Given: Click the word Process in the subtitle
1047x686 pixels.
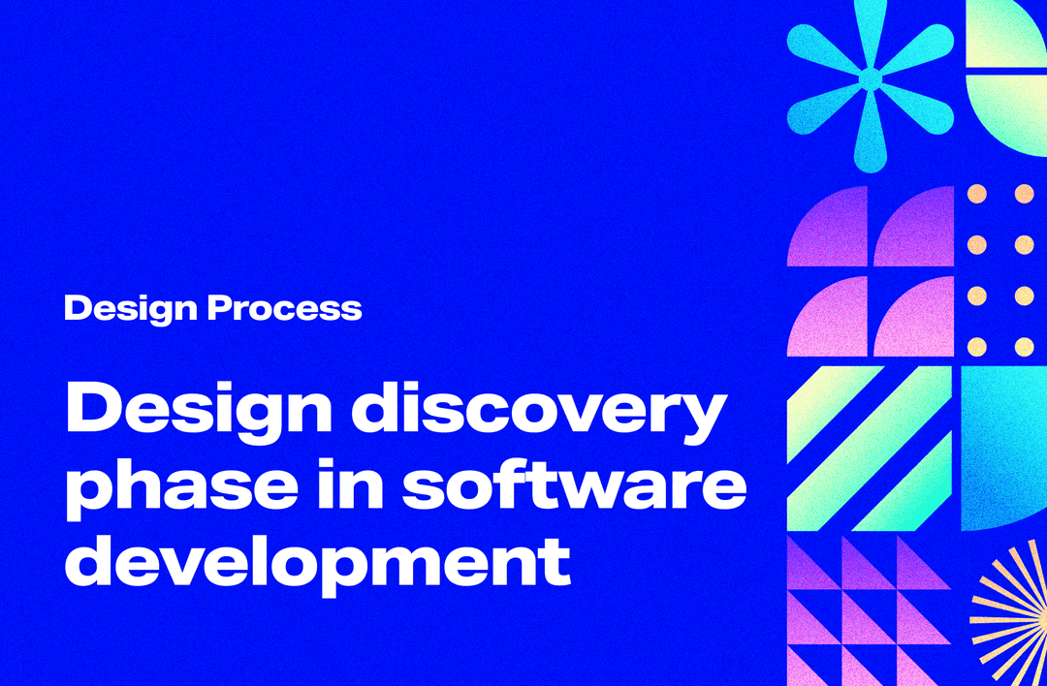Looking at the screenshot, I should point(285,309).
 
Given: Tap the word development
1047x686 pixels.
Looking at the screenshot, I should point(317,561).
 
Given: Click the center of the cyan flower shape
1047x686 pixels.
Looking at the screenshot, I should point(871,78).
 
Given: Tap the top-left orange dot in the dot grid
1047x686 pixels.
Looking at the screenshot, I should point(977,194).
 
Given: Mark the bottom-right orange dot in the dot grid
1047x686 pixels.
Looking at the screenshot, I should point(1024,346).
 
